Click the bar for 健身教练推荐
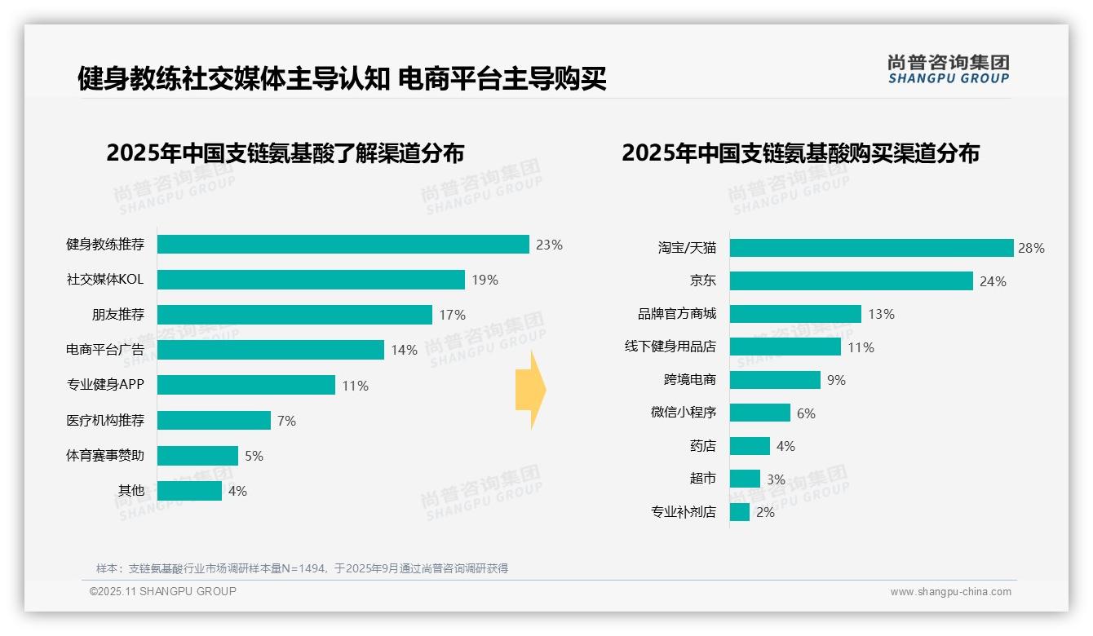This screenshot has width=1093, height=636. point(343,245)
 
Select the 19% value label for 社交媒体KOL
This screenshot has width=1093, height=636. point(485,280)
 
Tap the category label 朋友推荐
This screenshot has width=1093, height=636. point(117,315)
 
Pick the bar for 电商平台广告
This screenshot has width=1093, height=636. point(270,350)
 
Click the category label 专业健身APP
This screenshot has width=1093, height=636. point(104,385)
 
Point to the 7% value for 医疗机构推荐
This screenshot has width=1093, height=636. point(286,421)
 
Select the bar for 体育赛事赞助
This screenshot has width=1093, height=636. point(197,456)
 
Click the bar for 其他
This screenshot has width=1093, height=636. point(189,491)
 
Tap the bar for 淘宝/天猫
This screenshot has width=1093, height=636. point(871,248)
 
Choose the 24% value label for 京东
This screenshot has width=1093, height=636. point(993,281)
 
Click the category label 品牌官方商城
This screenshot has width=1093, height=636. point(676,314)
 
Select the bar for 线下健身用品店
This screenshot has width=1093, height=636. point(785,347)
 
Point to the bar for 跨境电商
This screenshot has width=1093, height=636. point(775,380)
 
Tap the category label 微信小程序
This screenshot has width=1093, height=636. point(683,413)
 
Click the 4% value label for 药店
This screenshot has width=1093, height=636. point(785,446)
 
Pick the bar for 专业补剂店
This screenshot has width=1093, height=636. point(740,512)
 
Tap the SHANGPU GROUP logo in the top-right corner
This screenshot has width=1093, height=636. point(948,68)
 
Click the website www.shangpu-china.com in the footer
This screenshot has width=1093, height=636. point(950,592)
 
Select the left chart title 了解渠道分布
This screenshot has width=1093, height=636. point(285,153)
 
